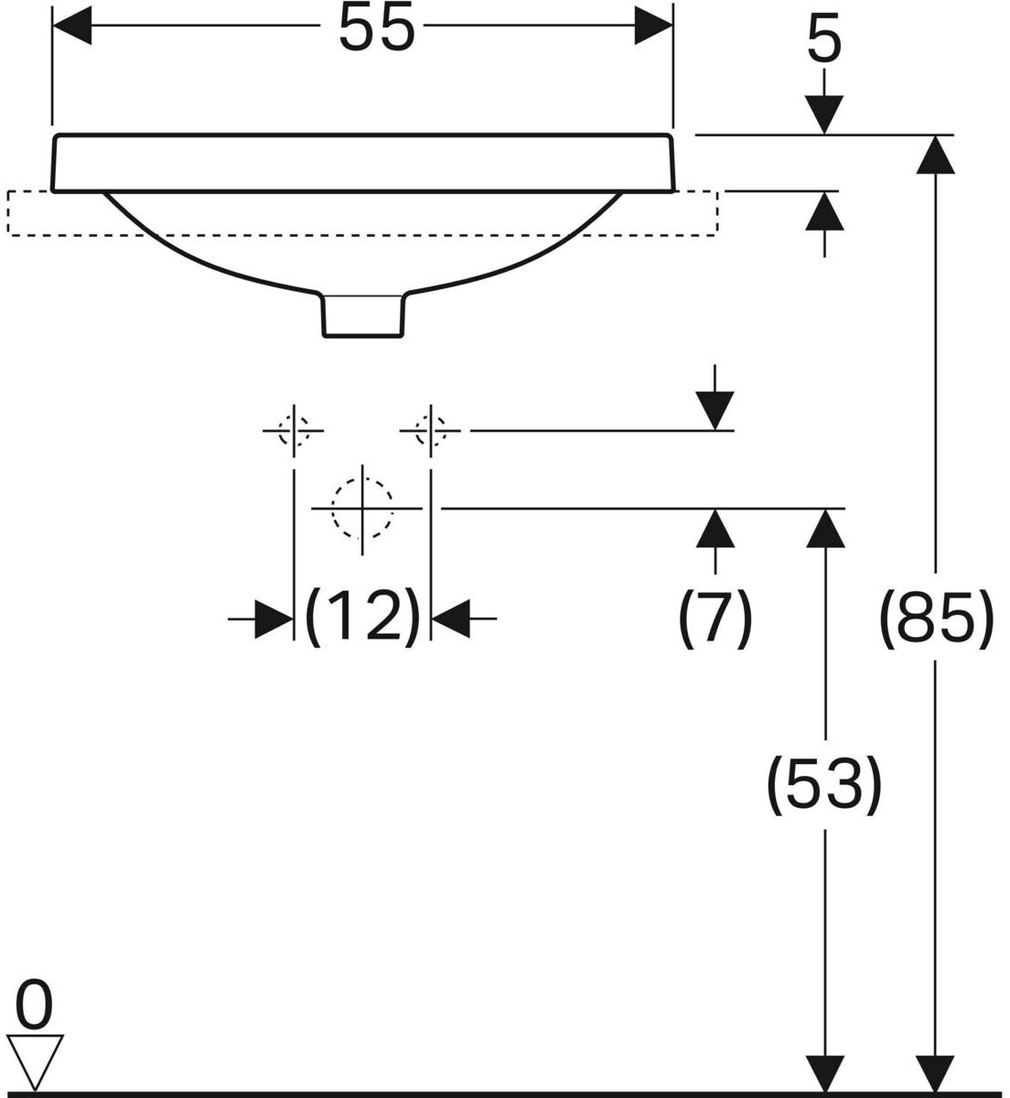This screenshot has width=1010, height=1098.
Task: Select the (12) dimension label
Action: point(362,619)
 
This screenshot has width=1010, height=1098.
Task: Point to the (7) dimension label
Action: point(715,619)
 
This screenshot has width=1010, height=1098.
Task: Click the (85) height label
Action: point(936,619)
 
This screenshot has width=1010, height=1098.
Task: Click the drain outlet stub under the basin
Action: point(363,317)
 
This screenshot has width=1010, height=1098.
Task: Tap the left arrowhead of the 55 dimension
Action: point(71,26)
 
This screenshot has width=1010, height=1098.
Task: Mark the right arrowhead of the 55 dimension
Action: point(653,26)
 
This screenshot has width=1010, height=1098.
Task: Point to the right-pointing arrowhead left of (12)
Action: point(274,619)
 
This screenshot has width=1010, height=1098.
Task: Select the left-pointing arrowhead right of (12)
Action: point(450,619)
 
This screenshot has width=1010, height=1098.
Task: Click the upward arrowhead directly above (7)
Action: point(715,528)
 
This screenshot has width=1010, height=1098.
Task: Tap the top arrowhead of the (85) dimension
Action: point(936,155)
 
